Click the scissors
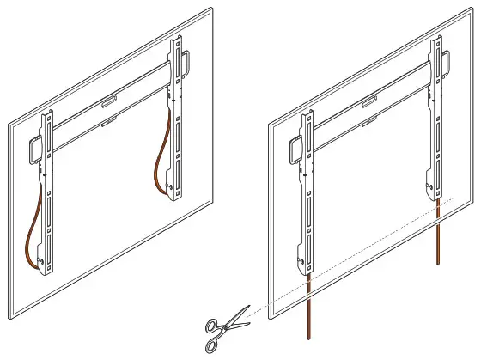click(224, 326)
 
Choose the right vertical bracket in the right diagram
click(435, 120)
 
